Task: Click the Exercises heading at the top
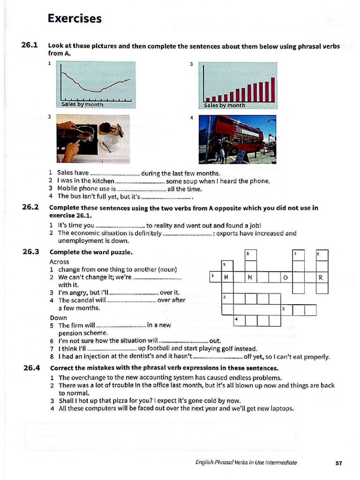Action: click(x=75, y=19)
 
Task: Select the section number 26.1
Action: click(x=30, y=45)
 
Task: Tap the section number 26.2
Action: click(x=30, y=208)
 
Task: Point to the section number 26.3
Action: click(x=30, y=252)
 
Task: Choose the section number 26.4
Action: click(x=30, y=367)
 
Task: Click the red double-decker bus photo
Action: click(x=237, y=139)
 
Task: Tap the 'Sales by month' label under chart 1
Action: click(x=82, y=105)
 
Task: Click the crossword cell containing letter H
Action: click(x=227, y=277)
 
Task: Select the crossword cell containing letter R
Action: click(x=322, y=277)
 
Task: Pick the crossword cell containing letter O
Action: click(x=286, y=277)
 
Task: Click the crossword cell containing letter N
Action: click(x=251, y=277)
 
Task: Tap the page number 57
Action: click(x=339, y=463)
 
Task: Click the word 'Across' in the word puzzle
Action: click(x=59, y=262)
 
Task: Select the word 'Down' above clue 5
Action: click(x=58, y=317)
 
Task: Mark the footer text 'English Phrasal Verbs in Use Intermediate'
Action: click(x=246, y=463)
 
